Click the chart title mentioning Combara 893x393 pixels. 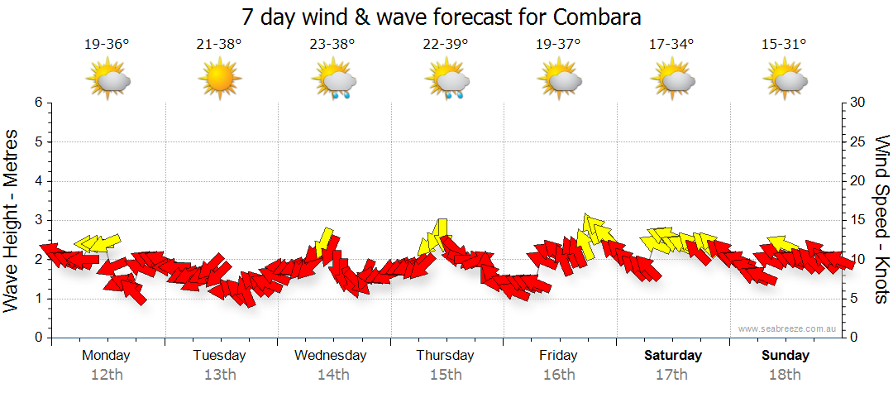pos(442,17)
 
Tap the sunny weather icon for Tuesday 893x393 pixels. pos(219,80)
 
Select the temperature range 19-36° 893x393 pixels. pos(107,45)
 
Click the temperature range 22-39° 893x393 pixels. pos(445,45)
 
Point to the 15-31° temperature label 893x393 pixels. pos(784,45)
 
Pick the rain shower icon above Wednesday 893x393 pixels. pos(333,81)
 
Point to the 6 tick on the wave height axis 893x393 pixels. pos(37,103)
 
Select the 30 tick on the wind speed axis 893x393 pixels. pos(857,103)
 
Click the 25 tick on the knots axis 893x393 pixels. pos(857,141)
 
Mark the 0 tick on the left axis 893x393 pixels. pos(37,338)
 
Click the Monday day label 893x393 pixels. pos(106,356)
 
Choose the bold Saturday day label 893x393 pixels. pos(673,356)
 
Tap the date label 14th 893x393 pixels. pos(332,375)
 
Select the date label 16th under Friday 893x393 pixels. pos(558,375)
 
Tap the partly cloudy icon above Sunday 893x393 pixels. pos(786,80)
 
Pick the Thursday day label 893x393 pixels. pos(445,356)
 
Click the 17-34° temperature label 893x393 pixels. pos(671,45)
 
